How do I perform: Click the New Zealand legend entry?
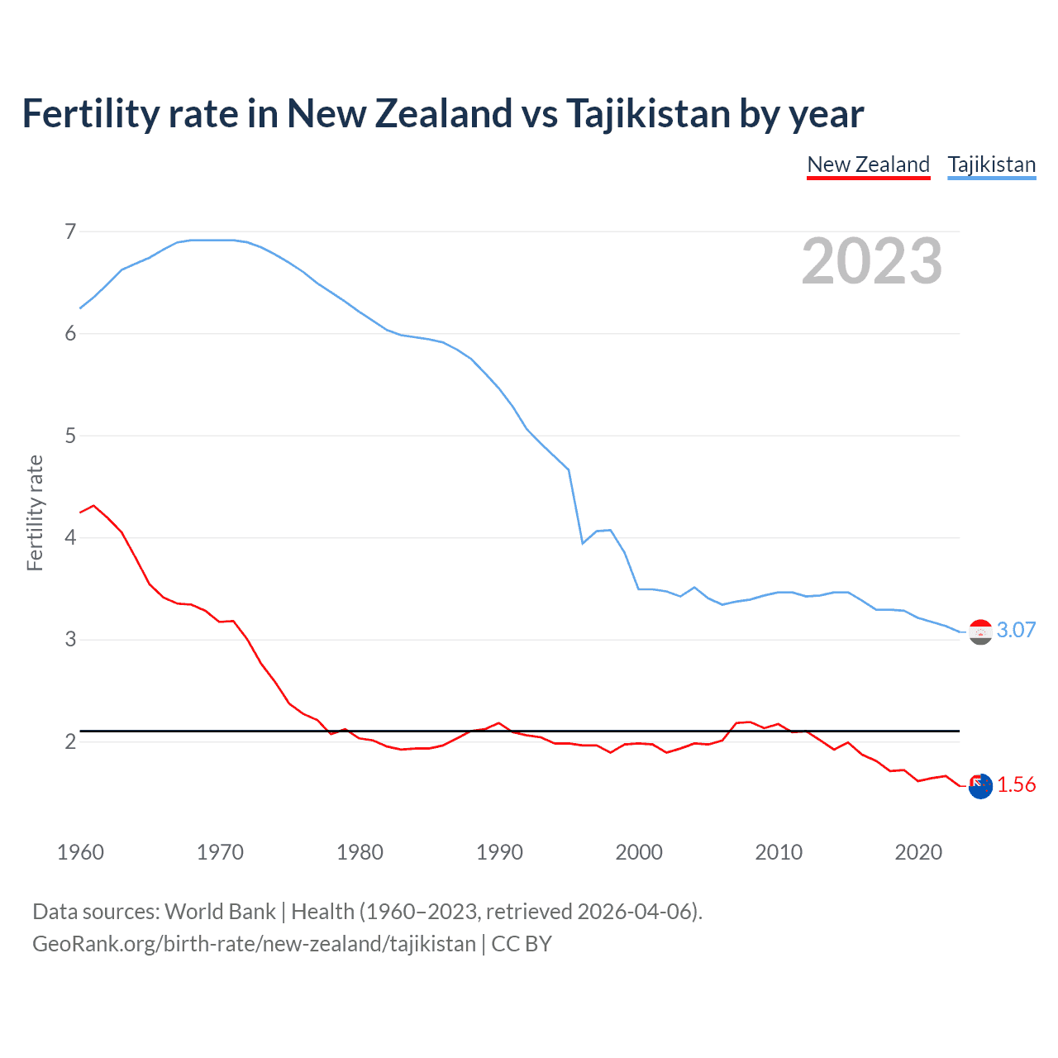pyautogui.click(x=868, y=164)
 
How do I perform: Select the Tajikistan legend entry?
pyautogui.click(x=991, y=164)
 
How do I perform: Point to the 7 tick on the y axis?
pyautogui.click(x=70, y=231)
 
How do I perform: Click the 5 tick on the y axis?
pyautogui.click(x=70, y=436)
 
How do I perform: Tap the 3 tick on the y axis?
pyautogui.click(x=70, y=640)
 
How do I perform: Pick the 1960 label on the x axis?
pyautogui.click(x=80, y=852)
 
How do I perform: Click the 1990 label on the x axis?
pyautogui.click(x=499, y=852)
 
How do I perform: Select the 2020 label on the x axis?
pyautogui.click(x=918, y=852)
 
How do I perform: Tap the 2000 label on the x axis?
pyautogui.click(x=639, y=852)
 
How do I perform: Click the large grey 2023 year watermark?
pyautogui.click(x=872, y=262)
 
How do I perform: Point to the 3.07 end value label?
pyautogui.click(x=1016, y=631)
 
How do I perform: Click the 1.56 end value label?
pyautogui.click(x=1016, y=785)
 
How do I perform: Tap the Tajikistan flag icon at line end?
pyautogui.click(x=980, y=632)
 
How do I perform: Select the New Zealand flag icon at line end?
pyautogui.click(x=980, y=787)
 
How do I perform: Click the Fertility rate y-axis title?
pyautogui.click(x=35, y=512)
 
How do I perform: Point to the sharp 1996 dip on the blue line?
pyautogui.click(x=583, y=543)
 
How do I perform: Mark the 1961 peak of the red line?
pyautogui.click(x=93, y=505)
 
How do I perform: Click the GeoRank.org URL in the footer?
pyautogui.click(x=254, y=944)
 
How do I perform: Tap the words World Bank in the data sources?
pyautogui.click(x=220, y=912)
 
